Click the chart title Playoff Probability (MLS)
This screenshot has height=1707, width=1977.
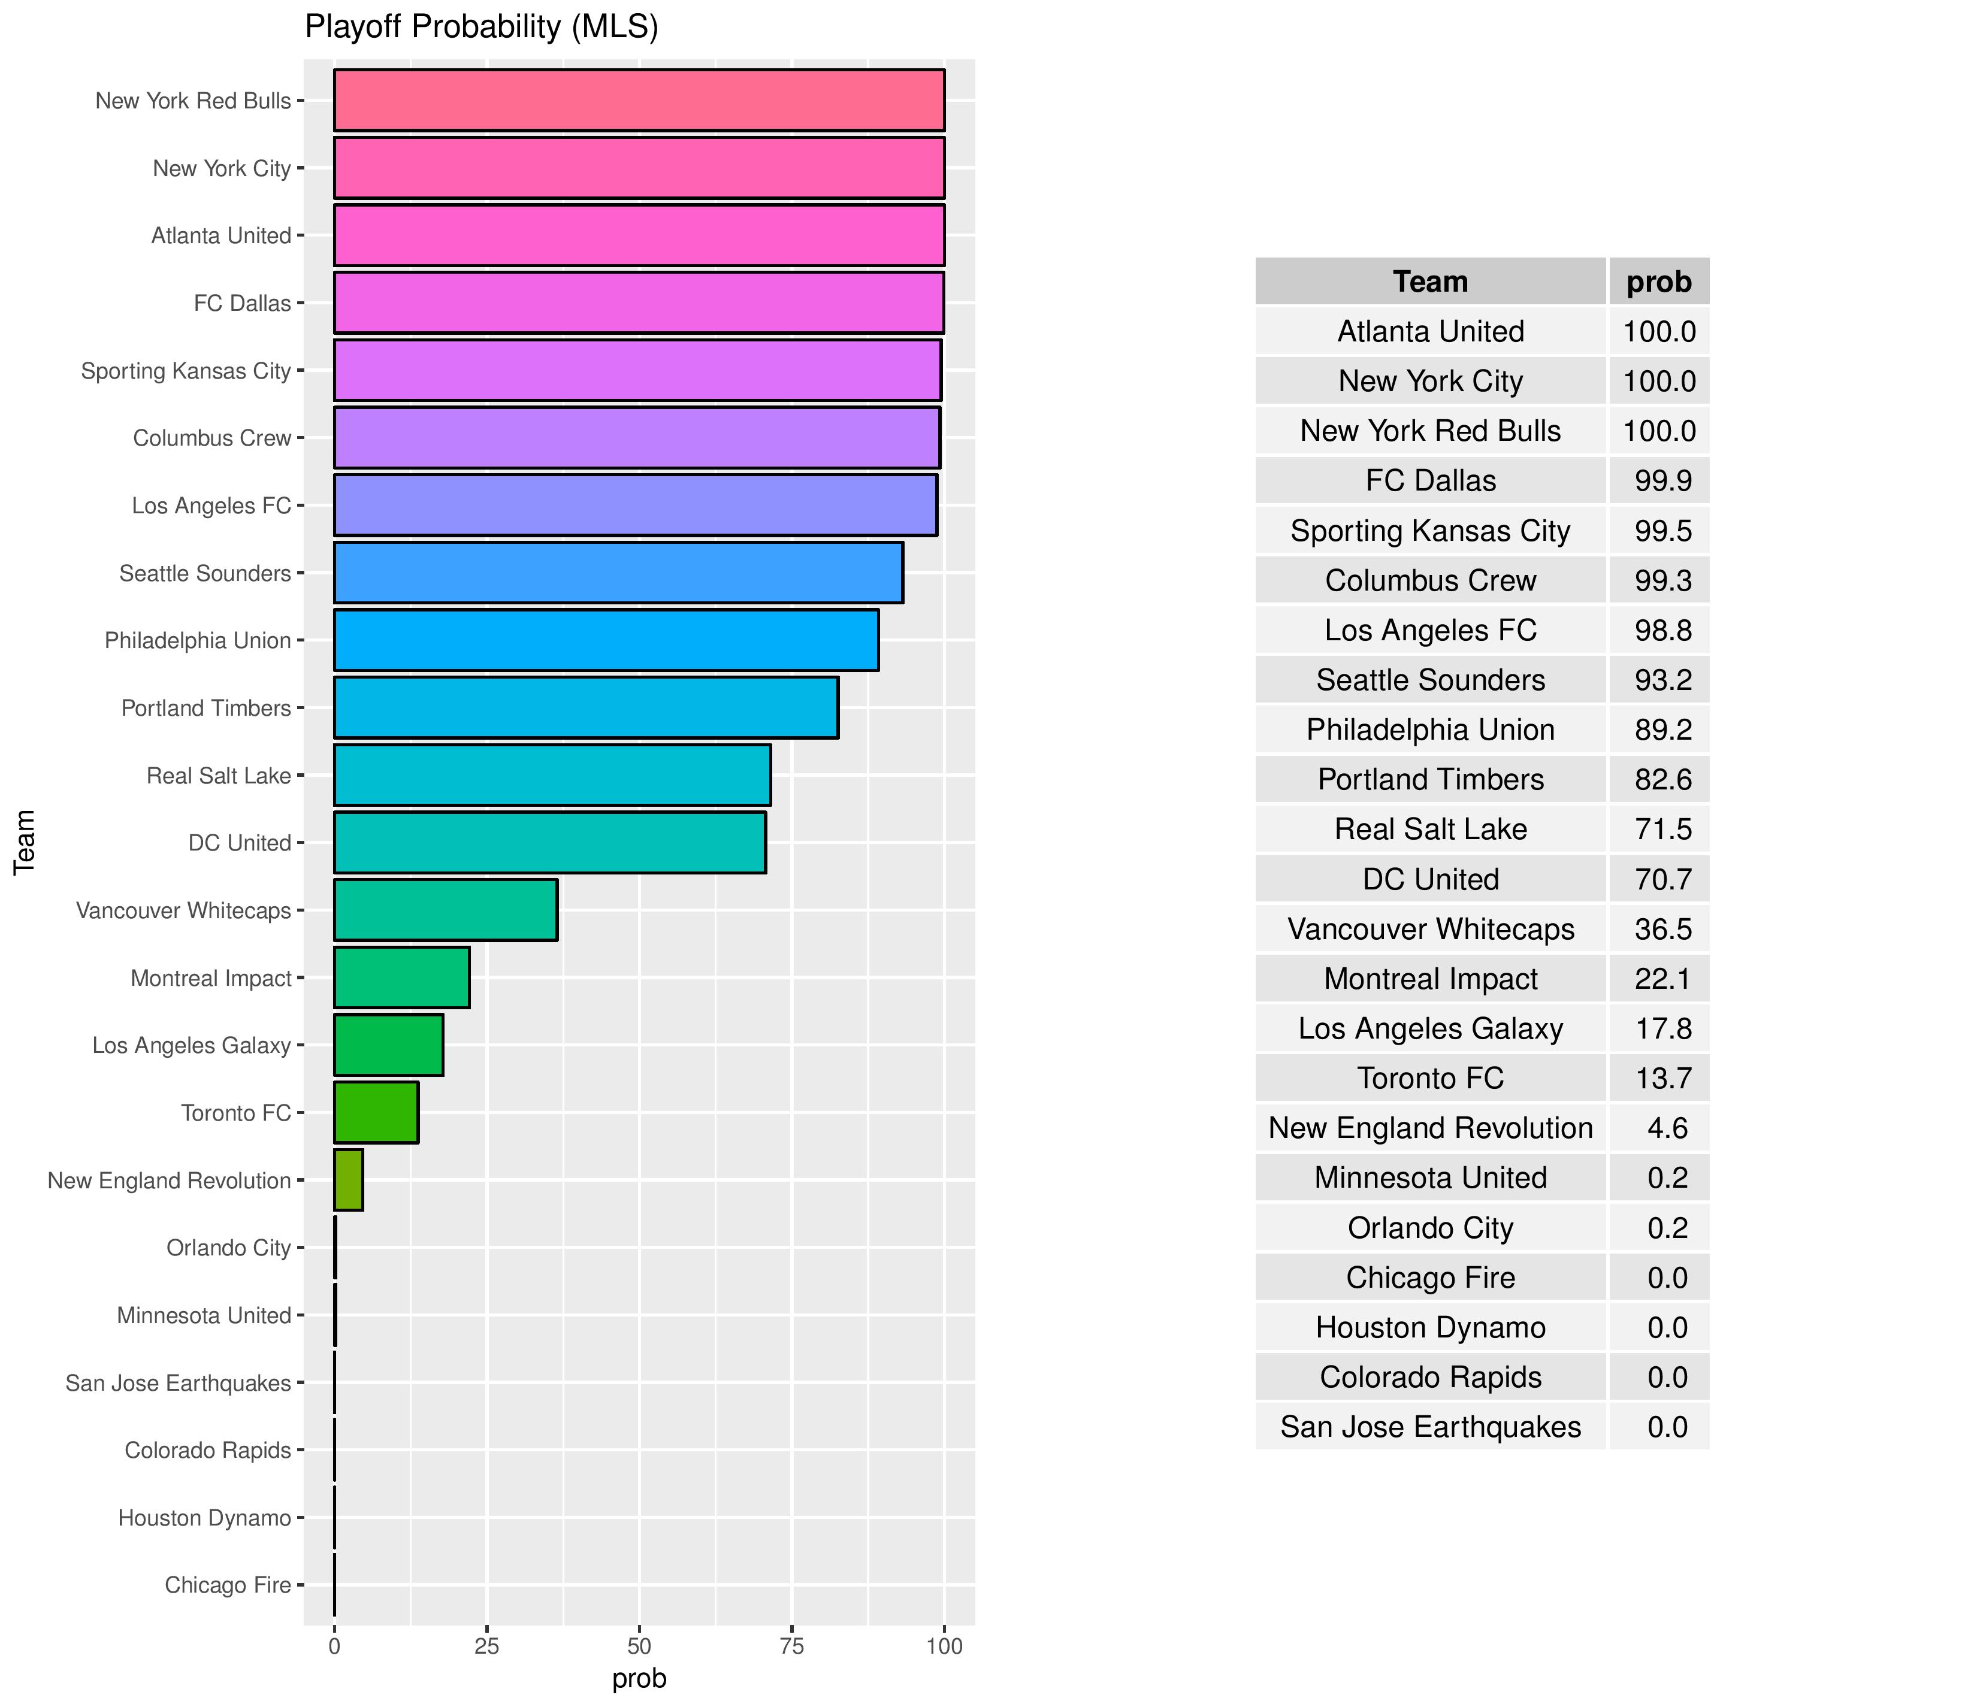(481, 27)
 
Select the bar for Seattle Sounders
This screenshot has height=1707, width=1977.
(618, 573)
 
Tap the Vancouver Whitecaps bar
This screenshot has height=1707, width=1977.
(446, 910)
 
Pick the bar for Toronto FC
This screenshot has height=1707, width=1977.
(376, 1113)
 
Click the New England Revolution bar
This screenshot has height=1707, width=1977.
(348, 1181)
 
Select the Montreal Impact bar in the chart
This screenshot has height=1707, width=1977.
(402, 978)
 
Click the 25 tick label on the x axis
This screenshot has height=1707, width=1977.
(486, 1646)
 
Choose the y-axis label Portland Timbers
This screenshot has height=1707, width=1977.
(206, 708)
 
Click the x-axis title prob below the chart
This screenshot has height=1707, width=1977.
(639, 1678)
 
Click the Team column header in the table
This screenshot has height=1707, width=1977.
(1430, 282)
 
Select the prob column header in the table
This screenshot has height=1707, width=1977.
(1659, 282)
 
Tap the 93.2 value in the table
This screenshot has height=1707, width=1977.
(1663, 680)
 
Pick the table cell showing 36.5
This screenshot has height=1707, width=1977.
(1663, 930)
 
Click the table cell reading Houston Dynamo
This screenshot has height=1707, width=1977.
(1430, 1327)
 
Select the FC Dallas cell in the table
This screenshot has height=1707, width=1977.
(1430, 481)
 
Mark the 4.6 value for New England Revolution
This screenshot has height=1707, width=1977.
(1667, 1128)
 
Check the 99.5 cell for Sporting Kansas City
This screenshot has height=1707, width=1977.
(1663, 531)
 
